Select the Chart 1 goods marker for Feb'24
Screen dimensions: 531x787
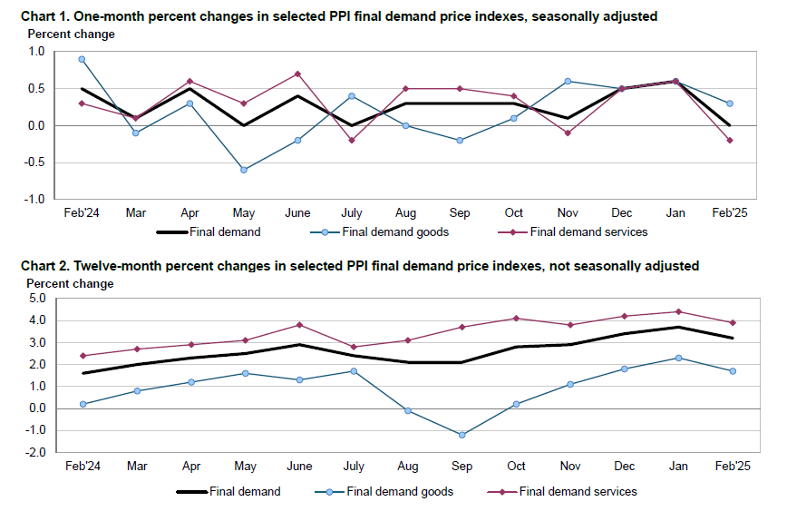82,59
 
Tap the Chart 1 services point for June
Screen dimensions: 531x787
297,74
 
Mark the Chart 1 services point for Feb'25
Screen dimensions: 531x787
729,140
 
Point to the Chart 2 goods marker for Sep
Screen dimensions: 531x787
462,435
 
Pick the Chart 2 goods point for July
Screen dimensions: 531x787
354,370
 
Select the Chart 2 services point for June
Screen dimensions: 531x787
299,325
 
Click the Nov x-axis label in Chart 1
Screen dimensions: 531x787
567,213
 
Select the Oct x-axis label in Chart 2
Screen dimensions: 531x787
516,467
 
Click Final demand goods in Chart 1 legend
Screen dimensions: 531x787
395,231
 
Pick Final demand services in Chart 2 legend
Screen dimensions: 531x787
578,491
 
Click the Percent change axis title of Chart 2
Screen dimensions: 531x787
71,283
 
